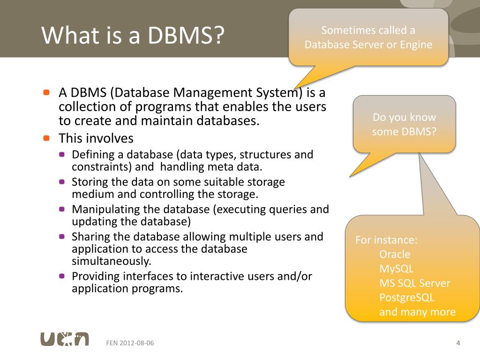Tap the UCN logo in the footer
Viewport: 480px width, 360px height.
pyautogui.click(x=64, y=339)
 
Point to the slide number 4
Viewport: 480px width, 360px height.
pyautogui.click(x=458, y=343)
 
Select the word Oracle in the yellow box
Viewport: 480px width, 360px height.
pyautogui.click(x=395, y=255)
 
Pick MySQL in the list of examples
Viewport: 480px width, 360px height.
pyautogui.click(x=397, y=269)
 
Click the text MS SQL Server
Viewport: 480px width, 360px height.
pyautogui.click(x=414, y=283)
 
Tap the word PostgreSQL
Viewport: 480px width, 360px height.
pyautogui.click(x=407, y=298)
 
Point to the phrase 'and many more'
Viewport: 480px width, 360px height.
pyautogui.click(x=417, y=312)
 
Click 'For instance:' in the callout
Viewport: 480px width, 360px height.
pyautogui.click(x=386, y=240)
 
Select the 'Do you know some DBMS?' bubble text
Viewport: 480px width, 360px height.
pyautogui.click(x=404, y=124)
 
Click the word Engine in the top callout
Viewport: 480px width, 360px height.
pyautogui.click(x=416, y=45)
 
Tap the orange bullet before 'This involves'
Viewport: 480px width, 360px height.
pyautogui.click(x=46, y=138)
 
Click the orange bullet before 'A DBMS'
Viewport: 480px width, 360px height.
pyautogui.click(x=46, y=92)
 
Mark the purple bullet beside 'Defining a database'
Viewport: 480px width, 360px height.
pyautogui.click(x=62, y=155)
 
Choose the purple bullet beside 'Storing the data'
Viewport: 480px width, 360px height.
pyautogui.click(x=62, y=182)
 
